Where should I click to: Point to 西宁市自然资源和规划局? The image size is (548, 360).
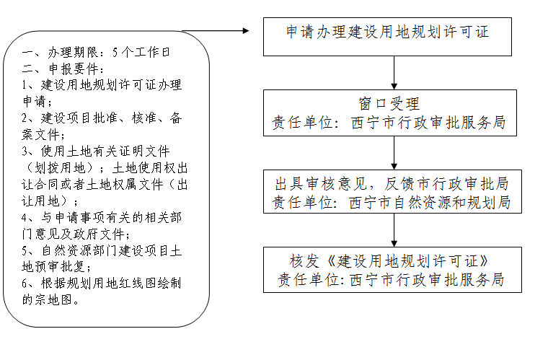[430, 203]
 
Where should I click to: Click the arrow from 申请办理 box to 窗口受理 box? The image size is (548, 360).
[394, 72]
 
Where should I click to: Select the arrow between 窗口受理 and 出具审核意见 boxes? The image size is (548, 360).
[394, 152]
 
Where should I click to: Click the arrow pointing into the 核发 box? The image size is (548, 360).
[394, 229]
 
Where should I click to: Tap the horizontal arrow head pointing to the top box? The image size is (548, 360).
[244, 31]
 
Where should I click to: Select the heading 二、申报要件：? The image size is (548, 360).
[62, 69]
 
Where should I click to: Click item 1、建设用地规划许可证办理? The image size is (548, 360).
[101, 85]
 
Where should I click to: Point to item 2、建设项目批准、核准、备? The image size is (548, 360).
[101, 118]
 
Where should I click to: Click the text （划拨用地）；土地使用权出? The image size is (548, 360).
[101, 167]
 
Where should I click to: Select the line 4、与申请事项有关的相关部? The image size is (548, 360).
[101, 217]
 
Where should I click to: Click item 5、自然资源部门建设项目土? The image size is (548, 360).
[101, 250]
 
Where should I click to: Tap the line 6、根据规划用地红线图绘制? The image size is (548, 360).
[101, 284]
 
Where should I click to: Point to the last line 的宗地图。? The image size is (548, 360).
[50, 299]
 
